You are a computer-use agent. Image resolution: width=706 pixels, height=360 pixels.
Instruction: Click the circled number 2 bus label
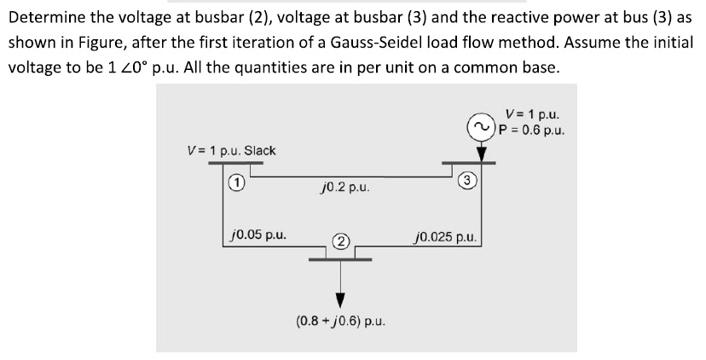(x=340, y=241)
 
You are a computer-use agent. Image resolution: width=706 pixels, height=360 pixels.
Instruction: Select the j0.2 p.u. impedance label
(x=340, y=186)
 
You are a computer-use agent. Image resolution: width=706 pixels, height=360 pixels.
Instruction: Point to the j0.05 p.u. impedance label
(x=258, y=232)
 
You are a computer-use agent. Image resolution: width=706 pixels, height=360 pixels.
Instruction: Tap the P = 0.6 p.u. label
(x=532, y=130)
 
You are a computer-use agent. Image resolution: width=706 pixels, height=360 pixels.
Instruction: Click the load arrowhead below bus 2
(x=340, y=299)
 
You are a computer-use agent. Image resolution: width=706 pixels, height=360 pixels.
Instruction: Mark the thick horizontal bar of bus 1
(x=236, y=165)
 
